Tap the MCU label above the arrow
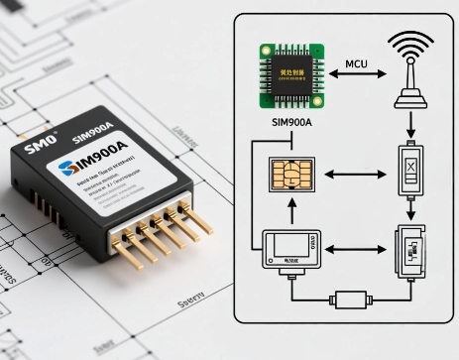click(357, 65)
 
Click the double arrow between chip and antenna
click(358, 80)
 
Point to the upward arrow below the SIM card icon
click(290, 211)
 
